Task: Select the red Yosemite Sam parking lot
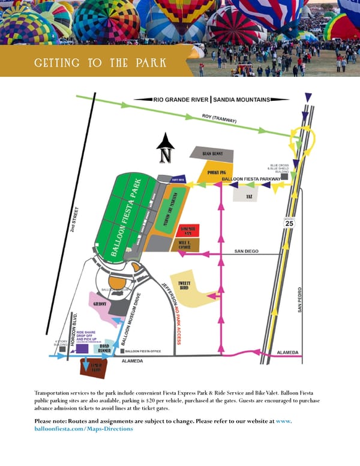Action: point(185,231)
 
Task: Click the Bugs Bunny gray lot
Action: point(212,154)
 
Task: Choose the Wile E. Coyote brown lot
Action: point(185,244)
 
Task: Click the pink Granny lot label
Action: point(100,304)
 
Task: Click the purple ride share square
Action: point(82,349)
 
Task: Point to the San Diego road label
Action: point(246,251)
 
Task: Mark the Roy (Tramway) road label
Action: point(220,120)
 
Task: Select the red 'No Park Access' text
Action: point(178,325)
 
